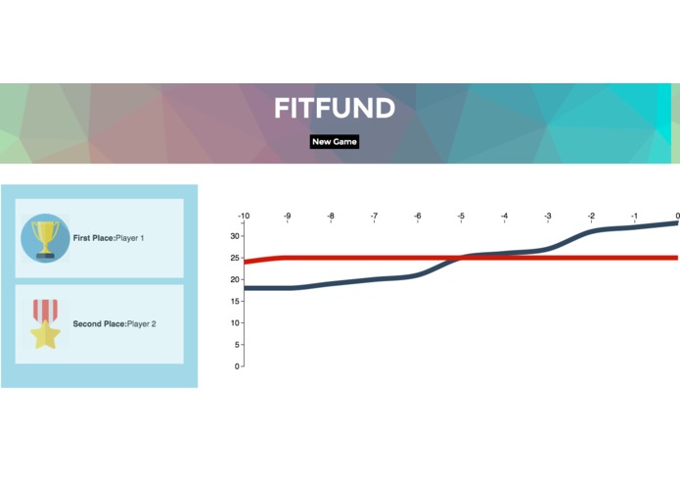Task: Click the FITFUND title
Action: pyautogui.click(x=334, y=108)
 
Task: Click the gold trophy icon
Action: pyautogui.click(x=45, y=238)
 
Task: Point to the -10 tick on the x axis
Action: pyautogui.click(x=244, y=216)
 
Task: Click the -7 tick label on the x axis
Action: pyautogui.click(x=374, y=216)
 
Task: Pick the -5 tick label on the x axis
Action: pyautogui.click(x=461, y=216)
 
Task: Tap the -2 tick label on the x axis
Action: pyautogui.click(x=591, y=216)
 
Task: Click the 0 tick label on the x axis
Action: pyautogui.click(x=677, y=216)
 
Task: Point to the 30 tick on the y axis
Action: pyautogui.click(x=236, y=236)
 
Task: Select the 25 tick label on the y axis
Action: pyautogui.click(x=236, y=258)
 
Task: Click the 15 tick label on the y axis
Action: pyautogui.click(x=236, y=301)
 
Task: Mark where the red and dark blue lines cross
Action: pyautogui.click(x=460, y=258)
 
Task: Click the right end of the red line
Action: pyautogui.click(x=676, y=258)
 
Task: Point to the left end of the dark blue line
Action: pyautogui.click(x=246, y=288)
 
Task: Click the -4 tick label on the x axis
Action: pyautogui.click(x=504, y=216)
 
